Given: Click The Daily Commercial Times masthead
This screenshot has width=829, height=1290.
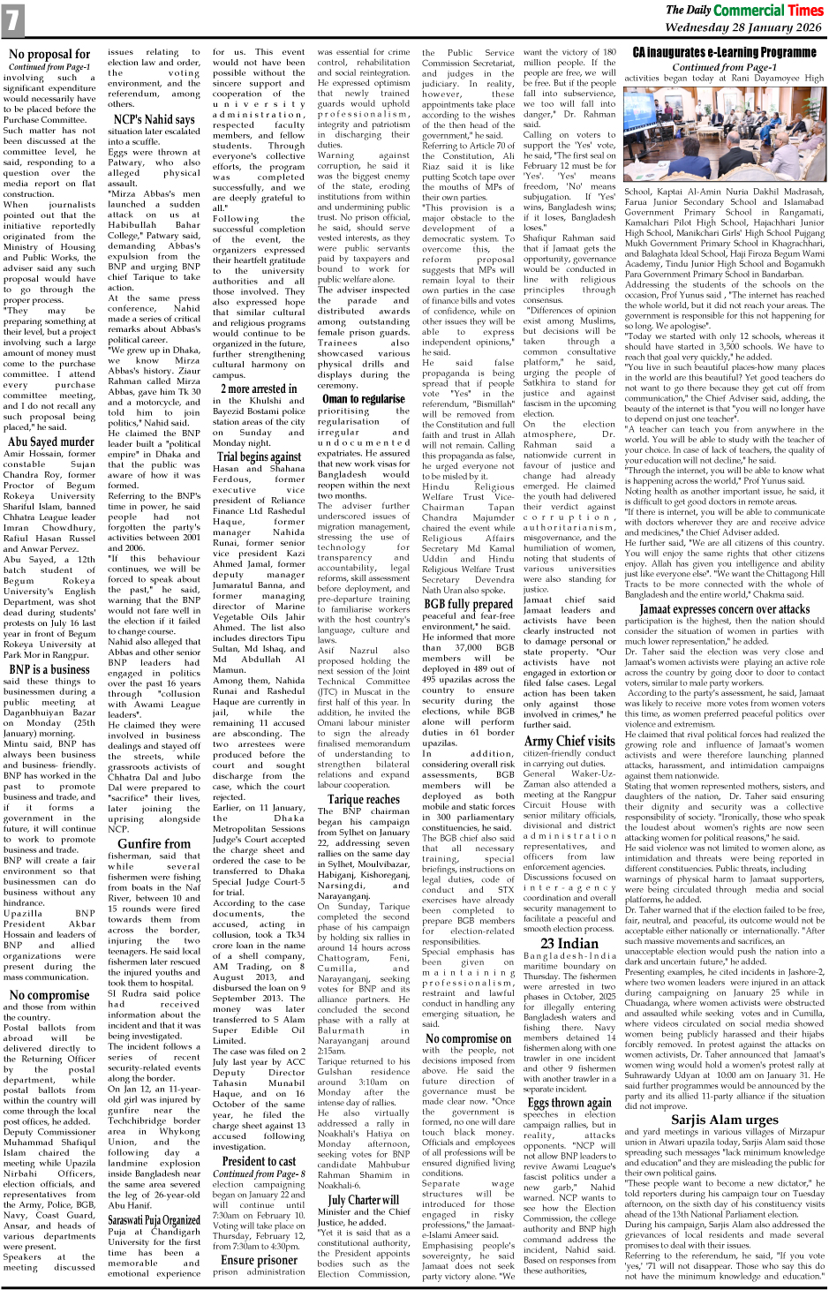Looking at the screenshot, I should click(x=743, y=11).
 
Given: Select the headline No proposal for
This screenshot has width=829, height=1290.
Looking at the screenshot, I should click(x=49, y=55).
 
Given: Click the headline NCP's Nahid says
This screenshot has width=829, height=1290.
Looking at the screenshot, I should click(x=154, y=119).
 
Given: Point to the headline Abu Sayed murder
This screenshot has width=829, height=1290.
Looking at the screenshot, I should click(x=50, y=442).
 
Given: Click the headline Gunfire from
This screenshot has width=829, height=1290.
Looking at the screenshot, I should click(x=154, y=844).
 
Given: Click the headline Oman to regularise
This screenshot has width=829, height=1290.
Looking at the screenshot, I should click(x=363, y=398).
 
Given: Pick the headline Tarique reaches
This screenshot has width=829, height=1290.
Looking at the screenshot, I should click(x=363, y=799).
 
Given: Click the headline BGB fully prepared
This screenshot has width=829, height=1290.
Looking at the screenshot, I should click(x=467, y=604).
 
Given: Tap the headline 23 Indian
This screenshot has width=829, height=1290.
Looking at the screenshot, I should click(x=569, y=943).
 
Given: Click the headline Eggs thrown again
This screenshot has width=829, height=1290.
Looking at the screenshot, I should click(x=569, y=1102).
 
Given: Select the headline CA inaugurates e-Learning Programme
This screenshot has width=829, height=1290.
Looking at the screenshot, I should click(x=724, y=53).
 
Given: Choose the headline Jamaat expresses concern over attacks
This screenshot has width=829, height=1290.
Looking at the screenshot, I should click(x=724, y=608).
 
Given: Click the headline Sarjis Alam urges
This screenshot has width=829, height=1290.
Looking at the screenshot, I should click(x=724, y=1120).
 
